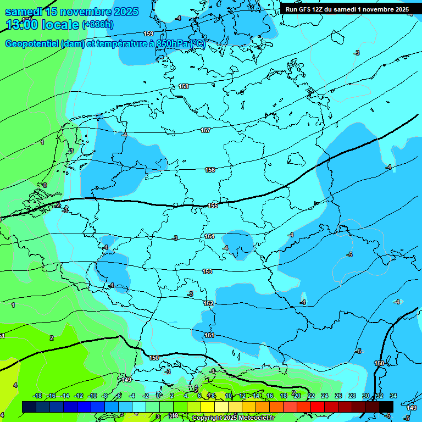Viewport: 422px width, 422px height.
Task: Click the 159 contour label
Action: pos(148,34)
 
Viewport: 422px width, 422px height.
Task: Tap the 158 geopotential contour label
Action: pos(184,86)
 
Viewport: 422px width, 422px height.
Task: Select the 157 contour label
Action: pos(206,130)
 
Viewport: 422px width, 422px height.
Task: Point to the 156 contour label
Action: pos(210,170)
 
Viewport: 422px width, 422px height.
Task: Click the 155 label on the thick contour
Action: pos(213,206)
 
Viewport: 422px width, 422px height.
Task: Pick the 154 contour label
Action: pos(209,236)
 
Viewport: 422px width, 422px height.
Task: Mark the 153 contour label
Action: pos(207,271)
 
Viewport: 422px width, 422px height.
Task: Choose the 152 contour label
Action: pos(208,303)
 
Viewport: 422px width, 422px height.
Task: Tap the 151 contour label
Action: pos(209,335)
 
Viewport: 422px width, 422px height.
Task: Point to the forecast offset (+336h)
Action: pos(98,25)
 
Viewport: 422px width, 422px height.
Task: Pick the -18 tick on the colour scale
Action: pos(37,396)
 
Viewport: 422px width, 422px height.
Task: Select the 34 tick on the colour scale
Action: pos(393,396)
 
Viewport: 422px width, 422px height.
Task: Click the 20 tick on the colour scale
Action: pos(297,396)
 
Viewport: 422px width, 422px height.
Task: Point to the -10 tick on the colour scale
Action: pos(92,396)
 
